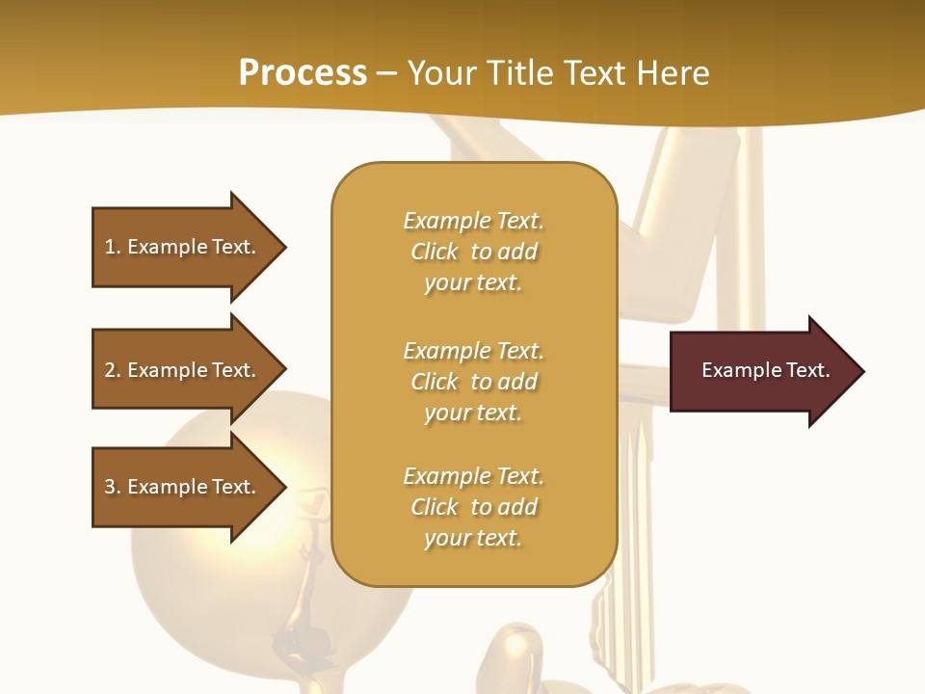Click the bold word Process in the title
pos(303,73)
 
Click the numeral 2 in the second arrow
pos(110,370)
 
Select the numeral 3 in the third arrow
pos(110,487)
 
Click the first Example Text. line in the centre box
pos(473,221)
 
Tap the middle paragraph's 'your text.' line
pos(473,413)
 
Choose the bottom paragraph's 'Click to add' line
pos(473,507)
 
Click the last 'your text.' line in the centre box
pos(473,538)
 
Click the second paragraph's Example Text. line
pos(473,351)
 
